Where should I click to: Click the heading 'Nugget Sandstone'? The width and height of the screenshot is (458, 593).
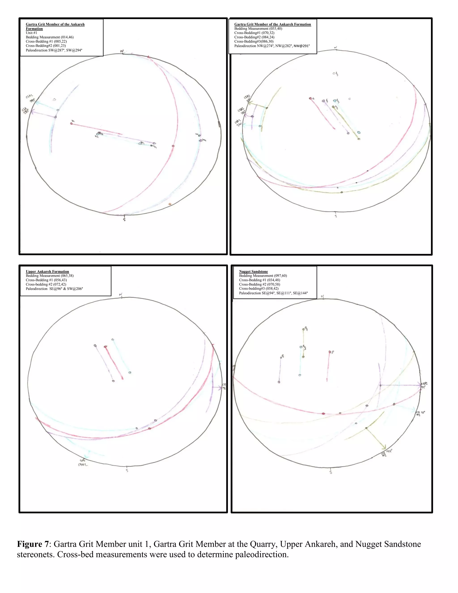click(253, 271)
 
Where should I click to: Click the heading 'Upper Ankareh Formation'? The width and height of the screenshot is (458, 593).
click(47, 271)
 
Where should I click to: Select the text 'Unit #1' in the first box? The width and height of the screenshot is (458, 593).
click(32, 33)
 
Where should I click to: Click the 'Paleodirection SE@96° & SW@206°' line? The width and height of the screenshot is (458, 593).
click(54, 289)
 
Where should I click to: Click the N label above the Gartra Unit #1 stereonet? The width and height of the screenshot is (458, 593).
click(122, 51)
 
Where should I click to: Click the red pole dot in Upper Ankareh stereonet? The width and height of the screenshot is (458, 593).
click(105, 347)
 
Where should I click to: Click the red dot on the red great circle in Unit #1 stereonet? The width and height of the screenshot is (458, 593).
click(173, 146)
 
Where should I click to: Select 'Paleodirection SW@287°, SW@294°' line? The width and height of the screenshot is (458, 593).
click(54, 50)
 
